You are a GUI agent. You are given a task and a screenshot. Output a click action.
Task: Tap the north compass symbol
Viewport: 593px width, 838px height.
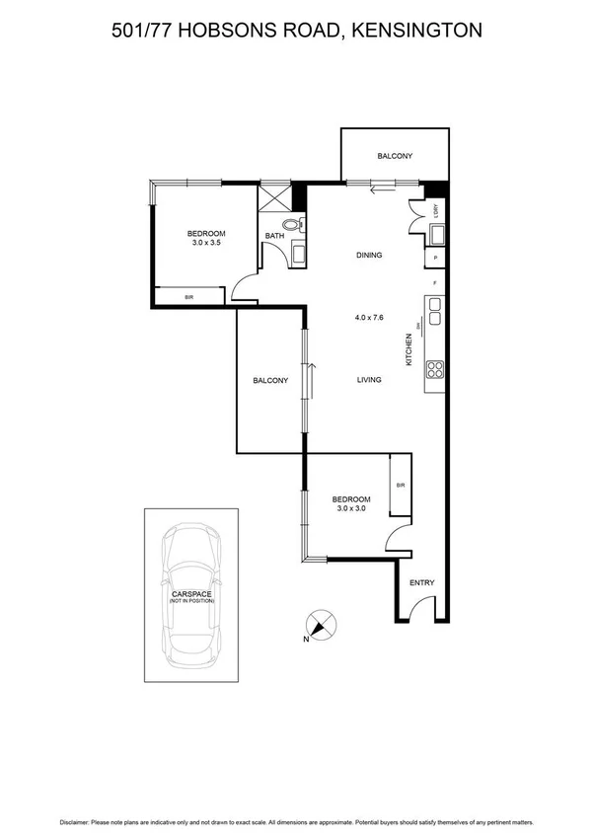pos(320,626)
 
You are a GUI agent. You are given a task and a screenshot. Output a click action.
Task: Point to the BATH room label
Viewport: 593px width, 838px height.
pos(274,236)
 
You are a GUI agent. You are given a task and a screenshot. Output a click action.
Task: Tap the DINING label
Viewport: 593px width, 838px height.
pos(368,256)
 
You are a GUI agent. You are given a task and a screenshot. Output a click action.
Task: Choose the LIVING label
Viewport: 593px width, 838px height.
pos(369,379)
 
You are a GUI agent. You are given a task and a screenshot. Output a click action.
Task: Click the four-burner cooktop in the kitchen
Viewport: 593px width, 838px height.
pos(435,371)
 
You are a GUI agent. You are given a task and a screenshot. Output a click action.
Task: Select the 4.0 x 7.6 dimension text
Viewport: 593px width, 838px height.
pos(369,318)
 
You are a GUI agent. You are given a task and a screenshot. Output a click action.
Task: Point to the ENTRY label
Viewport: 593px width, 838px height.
pos(421,582)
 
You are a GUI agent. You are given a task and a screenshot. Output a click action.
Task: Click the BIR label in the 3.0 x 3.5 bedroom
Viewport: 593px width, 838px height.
pos(189,296)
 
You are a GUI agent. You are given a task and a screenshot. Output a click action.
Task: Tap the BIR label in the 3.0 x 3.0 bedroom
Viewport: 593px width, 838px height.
pos(400,486)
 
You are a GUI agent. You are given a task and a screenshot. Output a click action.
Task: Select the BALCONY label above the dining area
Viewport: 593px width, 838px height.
pos(394,156)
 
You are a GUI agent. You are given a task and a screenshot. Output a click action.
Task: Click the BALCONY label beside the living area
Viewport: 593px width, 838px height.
pos(269,380)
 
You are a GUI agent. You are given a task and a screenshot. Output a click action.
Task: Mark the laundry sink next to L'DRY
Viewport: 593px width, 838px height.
pos(435,235)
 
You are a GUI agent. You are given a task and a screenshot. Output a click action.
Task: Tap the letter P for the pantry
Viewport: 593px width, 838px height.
pos(435,259)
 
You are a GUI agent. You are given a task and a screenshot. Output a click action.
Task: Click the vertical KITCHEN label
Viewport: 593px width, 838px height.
pos(408,349)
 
